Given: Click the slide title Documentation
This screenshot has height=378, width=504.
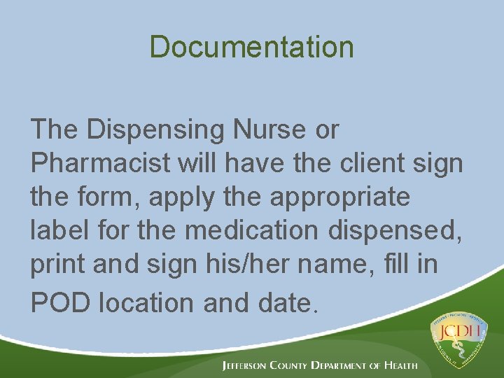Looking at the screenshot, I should point(251,47).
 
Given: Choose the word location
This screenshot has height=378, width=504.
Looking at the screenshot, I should point(147,302).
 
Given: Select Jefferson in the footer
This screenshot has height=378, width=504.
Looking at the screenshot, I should point(251,365).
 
